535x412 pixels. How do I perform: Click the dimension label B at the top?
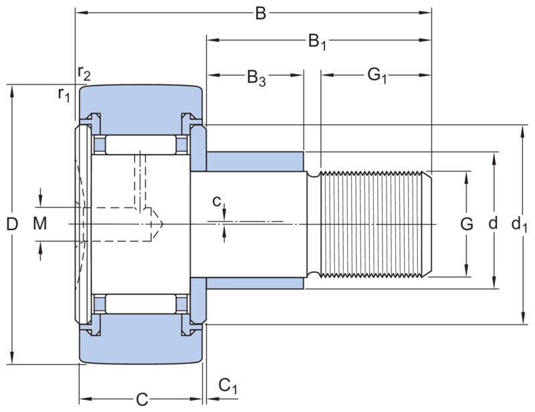click(261, 13)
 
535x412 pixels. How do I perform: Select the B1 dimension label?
click(317, 41)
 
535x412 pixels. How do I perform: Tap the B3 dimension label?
click(256, 78)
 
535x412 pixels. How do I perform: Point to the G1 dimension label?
click(377, 76)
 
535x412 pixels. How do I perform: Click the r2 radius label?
click(84, 73)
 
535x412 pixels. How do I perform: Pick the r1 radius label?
click(64, 94)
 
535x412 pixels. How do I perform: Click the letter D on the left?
click(12, 224)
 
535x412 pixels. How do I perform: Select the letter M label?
click(40, 224)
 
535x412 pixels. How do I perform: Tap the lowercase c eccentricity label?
click(217, 201)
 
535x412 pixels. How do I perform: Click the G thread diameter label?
click(466, 224)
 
